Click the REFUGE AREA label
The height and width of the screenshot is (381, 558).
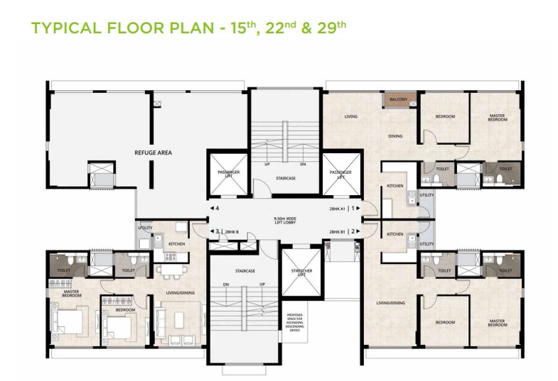pos(153,152)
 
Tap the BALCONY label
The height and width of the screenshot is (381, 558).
pos(397,100)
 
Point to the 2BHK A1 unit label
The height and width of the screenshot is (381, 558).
pos(337,209)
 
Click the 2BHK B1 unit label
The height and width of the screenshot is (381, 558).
pos(337,231)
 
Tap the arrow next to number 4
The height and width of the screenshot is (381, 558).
pos(213,209)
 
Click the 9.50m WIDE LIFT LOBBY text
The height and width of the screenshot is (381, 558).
pos(284,219)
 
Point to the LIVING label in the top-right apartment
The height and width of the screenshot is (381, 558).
pos(350,116)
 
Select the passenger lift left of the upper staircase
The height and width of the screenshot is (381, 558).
pos(227,175)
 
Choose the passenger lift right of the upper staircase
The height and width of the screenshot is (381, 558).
pos(340,174)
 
